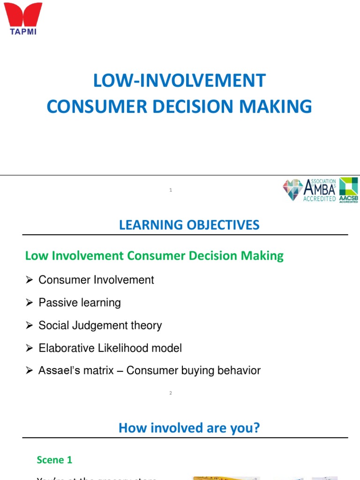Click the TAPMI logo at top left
pyautogui.click(x=23, y=18)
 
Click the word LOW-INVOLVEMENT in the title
pyautogui.click(x=179, y=81)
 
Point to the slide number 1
pyautogui.click(x=171, y=190)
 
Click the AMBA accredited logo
pyautogui.click(x=309, y=190)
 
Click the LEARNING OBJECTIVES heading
pyautogui.click(x=189, y=225)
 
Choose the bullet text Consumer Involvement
pyautogui.click(x=96, y=280)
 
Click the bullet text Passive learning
pyautogui.click(x=80, y=303)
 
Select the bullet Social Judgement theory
pyautogui.click(x=100, y=325)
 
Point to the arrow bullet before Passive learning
pyautogui.click(x=29, y=303)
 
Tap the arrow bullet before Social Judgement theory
pyautogui.click(x=29, y=326)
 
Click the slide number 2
pyautogui.click(x=171, y=393)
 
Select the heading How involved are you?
pyautogui.click(x=189, y=428)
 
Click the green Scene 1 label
pyautogui.click(x=54, y=460)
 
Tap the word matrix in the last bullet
pyautogui.click(x=100, y=371)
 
